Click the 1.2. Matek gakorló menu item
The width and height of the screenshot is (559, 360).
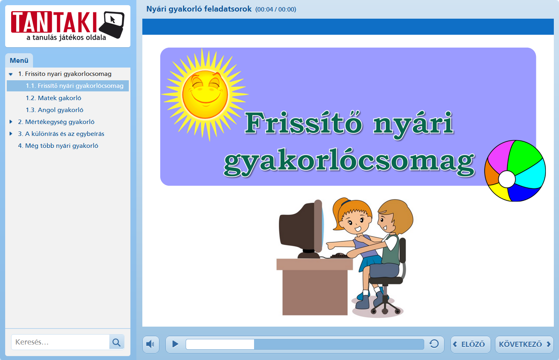[x=53, y=98]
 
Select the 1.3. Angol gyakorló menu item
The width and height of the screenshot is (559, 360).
[x=54, y=110]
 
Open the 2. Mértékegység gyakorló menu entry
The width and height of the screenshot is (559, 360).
[x=56, y=122]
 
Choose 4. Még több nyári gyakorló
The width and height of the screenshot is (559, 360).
[x=58, y=146]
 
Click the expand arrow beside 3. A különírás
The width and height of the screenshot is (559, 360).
[x=11, y=134]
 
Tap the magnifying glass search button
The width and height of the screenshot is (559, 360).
[x=116, y=342]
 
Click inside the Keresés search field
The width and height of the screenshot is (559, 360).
[x=60, y=342]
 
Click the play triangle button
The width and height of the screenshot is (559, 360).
[x=175, y=344]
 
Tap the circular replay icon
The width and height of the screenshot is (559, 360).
[x=434, y=344]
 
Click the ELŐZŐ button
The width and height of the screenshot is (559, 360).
[x=470, y=344]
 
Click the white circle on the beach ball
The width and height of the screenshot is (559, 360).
[x=507, y=179]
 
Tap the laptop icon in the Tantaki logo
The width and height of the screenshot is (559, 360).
[x=112, y=25]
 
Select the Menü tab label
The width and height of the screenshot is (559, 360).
[x=19, y=60]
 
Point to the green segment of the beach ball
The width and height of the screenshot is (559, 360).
[x=524, y=157]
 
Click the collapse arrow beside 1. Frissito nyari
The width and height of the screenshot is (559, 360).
[x=11, y=74]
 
